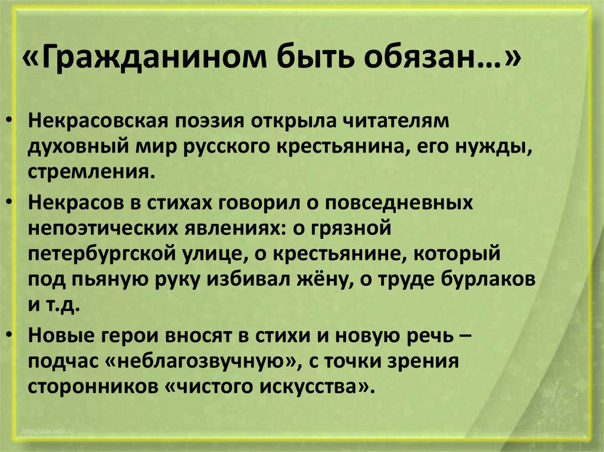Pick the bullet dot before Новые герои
[x=13, y=335]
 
